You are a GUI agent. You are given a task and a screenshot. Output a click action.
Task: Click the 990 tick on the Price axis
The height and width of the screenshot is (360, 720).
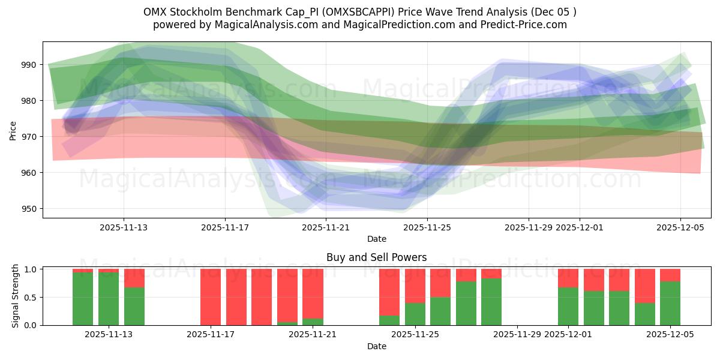pyautogui.click(x=29, y=65)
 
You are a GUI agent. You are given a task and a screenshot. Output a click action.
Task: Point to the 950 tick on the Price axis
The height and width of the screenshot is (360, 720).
pyautogui.click(x=29, y=209)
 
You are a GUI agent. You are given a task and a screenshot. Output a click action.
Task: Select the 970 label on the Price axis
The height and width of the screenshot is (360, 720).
pyautogui.click(x=29, y=137)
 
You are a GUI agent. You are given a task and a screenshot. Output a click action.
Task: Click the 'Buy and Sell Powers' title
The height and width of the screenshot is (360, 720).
pyautogui.click(x=376, y=257)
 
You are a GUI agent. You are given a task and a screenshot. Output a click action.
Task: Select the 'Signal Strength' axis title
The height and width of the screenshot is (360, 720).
pyautogui.click(x=16, y=296)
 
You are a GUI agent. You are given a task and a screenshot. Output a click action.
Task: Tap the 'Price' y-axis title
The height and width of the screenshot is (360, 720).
pyautogui.click(x=13, y=130)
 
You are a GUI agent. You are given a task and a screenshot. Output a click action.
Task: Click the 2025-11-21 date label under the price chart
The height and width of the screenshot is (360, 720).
pyautogui.click(x=326, y=227)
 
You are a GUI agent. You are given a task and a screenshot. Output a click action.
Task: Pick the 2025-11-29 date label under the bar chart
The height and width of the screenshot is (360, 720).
pyautogui.click(x=517, y=335)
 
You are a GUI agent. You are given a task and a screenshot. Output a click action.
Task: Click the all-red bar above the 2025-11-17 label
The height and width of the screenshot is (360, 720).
pyautogui.click(x=211, y=297)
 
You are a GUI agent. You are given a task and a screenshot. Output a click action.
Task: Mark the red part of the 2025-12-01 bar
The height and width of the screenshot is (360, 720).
pyautogui.click(x=568, y=278)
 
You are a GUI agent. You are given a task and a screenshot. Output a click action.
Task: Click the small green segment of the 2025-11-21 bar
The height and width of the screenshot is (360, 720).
pyautogui.click(x=313, y=322)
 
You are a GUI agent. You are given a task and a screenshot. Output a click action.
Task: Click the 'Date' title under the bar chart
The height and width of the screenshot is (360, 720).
pyautogui.click(x=376, y=346)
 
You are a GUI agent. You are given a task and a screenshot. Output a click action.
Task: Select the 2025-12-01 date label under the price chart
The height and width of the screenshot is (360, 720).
pyautogui.click(x=580, y=227)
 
